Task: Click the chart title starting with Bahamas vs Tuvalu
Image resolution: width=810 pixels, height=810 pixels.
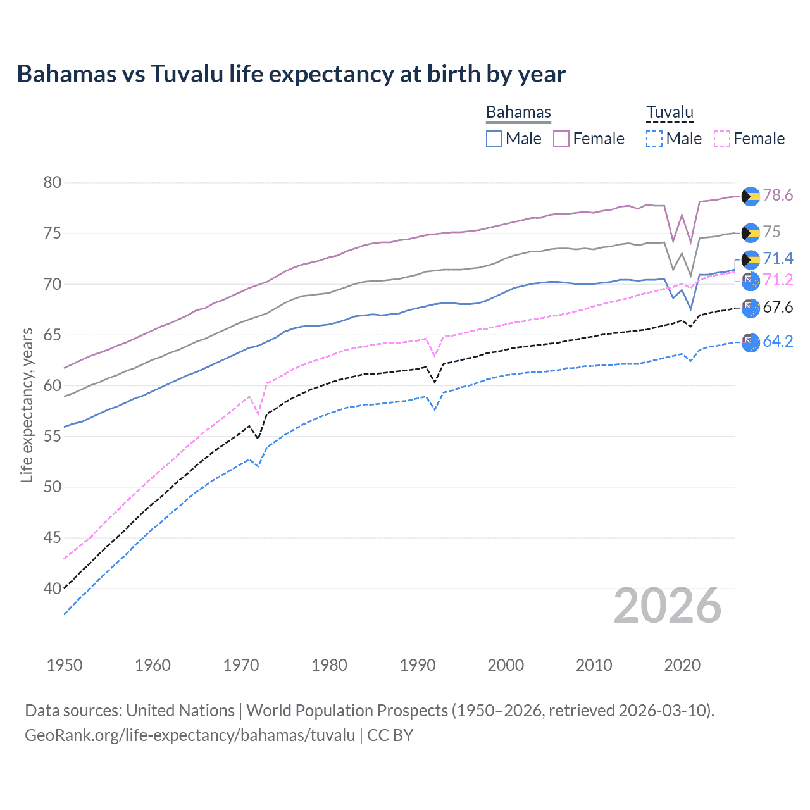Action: pos(291,74)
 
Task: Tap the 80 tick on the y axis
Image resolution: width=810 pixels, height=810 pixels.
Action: pos(53,183)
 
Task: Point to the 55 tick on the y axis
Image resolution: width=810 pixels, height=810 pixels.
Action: pos(53,437)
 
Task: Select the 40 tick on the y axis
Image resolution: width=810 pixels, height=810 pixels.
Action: pos(53,589)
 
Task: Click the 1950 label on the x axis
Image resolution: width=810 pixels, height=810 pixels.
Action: pos(65,665)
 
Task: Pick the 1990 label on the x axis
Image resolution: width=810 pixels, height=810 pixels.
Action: pos(418,665)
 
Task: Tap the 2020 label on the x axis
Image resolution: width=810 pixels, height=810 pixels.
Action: pos(682,665)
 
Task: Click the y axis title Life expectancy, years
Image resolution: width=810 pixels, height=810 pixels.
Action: pos(27,405)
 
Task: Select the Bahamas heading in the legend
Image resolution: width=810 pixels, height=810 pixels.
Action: pos(518,112)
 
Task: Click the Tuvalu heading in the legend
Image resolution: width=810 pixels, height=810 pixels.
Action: pos(670,112)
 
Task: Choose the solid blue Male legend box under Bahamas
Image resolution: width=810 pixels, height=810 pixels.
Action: pos(494,139)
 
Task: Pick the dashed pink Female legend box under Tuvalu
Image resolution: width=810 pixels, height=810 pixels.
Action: pos(722,139)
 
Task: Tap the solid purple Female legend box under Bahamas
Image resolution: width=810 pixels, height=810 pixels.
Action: pos(561,139)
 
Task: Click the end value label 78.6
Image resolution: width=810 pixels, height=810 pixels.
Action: pos(778,196)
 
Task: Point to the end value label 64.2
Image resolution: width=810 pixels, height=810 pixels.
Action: pos(778,342)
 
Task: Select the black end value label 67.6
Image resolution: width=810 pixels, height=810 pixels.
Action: pos(778,308)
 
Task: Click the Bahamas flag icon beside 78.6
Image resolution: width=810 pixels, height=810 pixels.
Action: pos(751,196)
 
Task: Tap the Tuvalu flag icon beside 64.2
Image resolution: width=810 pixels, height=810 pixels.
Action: pos(751,342)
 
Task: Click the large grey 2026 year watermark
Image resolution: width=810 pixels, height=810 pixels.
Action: pos(668,606)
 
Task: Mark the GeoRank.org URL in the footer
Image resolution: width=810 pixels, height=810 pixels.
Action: pos(190,735)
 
